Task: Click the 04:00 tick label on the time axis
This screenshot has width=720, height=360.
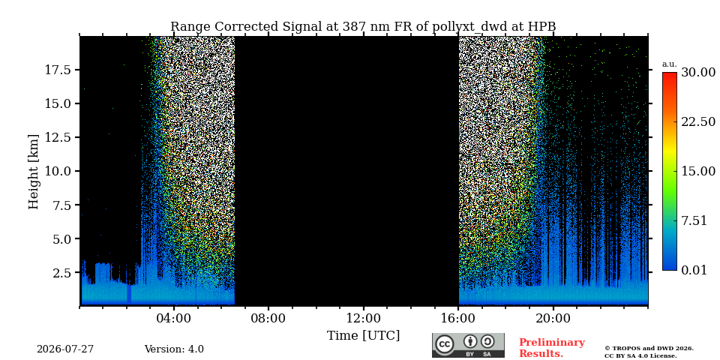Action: coord(174,319)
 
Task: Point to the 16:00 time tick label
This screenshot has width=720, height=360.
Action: coord(459,319)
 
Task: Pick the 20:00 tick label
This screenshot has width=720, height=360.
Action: coord(553,319)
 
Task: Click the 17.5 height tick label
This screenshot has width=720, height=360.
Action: coord(58,70)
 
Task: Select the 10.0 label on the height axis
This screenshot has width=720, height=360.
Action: coord(58,171)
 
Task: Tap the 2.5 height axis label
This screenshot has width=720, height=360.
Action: coord(61,273)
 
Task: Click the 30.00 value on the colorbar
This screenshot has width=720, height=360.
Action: coord(698,73)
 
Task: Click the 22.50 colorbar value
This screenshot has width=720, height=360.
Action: coord(698,121)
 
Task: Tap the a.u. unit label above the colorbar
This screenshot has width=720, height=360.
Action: coord(670,64)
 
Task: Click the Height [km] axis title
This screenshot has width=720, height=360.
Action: coord(34,172)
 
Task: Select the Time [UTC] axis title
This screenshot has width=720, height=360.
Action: coord(363,336)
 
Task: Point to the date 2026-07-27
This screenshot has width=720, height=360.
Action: coord(65,349)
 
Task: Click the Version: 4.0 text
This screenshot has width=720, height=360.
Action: coord(174,349)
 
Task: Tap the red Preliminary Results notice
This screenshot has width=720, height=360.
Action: coord(552,348)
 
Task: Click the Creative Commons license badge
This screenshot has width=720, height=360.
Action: coord(468,345)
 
